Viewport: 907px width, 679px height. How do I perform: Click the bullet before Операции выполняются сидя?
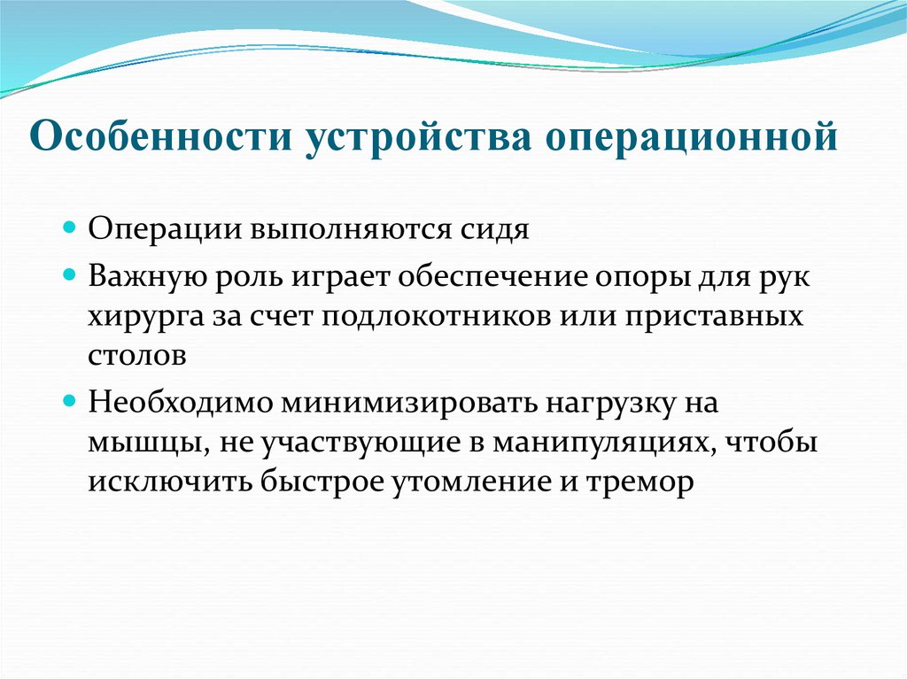71,228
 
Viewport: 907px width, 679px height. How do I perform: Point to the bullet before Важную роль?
71,276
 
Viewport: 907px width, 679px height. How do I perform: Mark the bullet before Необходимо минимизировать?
71,400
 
